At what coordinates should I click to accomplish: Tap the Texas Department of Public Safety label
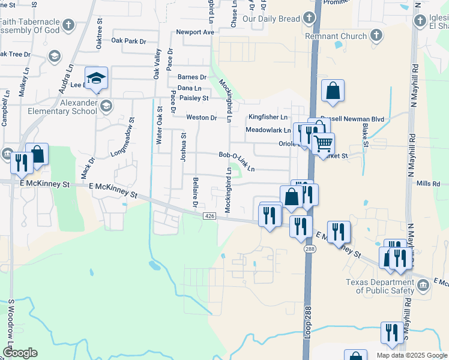pyautogui.click(x=379, y=286)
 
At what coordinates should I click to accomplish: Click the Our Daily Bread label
pyautogui.click(x=271, y=19)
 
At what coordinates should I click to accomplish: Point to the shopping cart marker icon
pyautogui.click(x=323, y=144)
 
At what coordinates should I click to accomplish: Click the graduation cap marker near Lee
pyautogui.click(x=96, y=79)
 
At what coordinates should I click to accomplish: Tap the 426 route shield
pyautogui.click(x=209, y=216)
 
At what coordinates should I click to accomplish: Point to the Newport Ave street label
pyautogui.click(x=195, y=32)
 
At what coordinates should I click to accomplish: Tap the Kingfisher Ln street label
pyautogui.click(x=268, y=117)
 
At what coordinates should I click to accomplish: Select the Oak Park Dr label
pyautogui.click(x=129, y=41)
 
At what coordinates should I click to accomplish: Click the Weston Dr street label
pyautogui.click(x=201, y=118)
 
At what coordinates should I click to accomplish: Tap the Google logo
pyautogui.click(x=20, y=353)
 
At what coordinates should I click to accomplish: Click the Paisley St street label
pyautogui.click(x=194, y=98)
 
